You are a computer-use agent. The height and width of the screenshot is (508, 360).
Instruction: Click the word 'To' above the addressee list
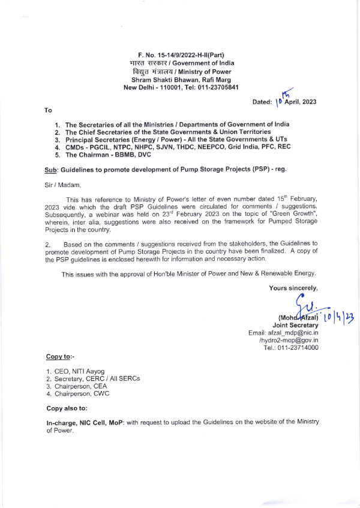(x=49, y=110)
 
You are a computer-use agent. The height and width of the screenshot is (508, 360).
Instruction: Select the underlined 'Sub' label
(x=52, y=169)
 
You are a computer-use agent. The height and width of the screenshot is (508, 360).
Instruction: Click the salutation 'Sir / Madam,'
(x=64, y=184)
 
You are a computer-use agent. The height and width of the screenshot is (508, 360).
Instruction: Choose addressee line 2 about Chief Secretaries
(x=167, y=132)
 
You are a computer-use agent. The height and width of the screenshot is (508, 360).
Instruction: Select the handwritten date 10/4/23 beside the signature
(x=337, y=316)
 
